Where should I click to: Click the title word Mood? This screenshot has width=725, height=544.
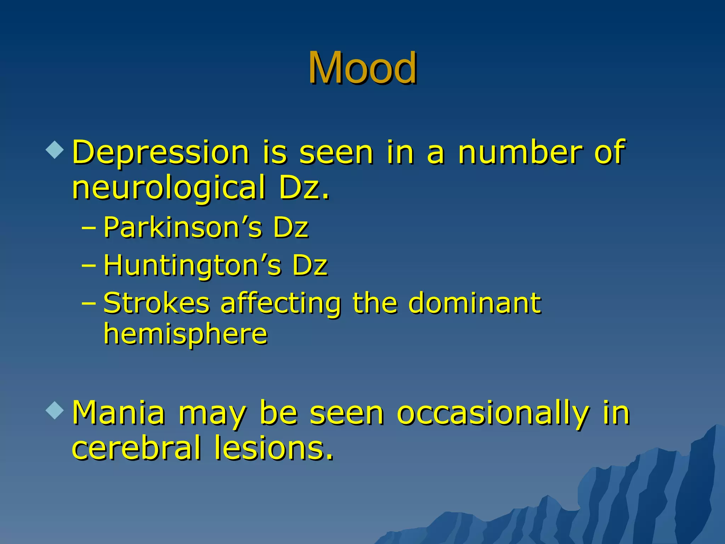coord(362,68)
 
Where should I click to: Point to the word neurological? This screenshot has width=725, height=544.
coord(169,188)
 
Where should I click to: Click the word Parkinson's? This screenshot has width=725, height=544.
coord(183,227)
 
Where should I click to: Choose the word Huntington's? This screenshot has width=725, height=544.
coord(193,265)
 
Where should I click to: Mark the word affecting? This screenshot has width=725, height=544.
coord(281,304)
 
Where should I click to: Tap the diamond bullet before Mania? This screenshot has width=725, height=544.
coord(55,410)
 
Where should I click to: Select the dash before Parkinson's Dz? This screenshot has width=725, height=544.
coord(89,227)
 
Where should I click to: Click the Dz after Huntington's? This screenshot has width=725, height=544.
coord(310,265)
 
